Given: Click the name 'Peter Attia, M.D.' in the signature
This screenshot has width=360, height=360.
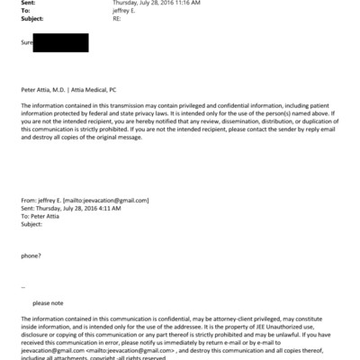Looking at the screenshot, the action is [x=48, y=91].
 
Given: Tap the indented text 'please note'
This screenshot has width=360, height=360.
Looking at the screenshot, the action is [x=47, y=302].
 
